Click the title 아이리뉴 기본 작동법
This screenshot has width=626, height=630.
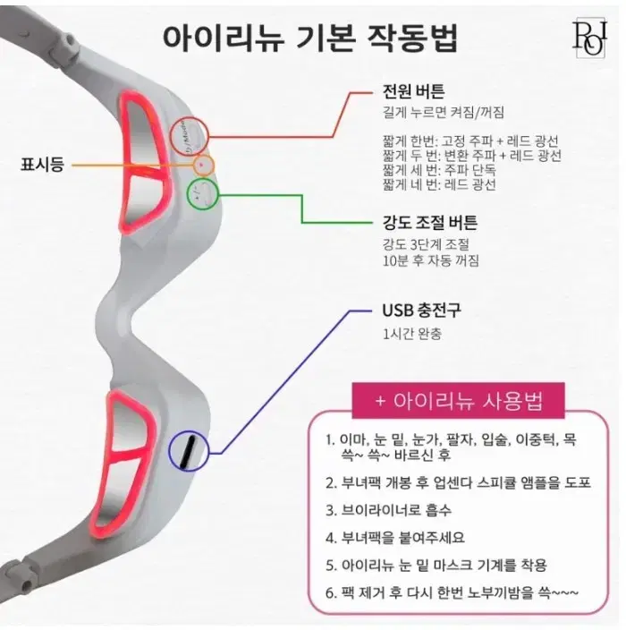click(x=309, y=38)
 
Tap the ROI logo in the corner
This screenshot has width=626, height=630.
click(x=589, y=38)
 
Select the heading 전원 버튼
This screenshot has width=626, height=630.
click(x=413, y=91)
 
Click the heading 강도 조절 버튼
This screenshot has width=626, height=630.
click(x=429, y=222)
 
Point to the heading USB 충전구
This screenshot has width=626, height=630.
click(x=421, y=310)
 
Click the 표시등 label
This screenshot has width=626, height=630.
click(x=42, y=165)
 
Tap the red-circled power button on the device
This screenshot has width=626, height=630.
click(x=190, y=137)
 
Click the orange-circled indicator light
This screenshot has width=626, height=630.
click(x=204, y=166)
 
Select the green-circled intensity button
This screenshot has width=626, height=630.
click(x=203, y=195)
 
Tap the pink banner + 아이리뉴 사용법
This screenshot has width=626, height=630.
click(x=459, y=401)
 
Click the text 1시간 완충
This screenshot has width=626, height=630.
click(x=412, y=334)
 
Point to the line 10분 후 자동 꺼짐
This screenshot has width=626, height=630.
click(x=431, y=260)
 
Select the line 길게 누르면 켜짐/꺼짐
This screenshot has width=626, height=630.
click(x=444, y=112)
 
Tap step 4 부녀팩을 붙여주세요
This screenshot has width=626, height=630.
click(x=395, y=537)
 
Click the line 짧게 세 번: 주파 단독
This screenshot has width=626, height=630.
click(x=439, y=170)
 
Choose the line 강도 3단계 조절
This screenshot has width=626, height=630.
click(x=426, y=244)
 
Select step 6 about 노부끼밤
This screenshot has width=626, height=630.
click(x=453, y=592)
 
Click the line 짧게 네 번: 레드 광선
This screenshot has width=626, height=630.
click(x=439, y=185)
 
